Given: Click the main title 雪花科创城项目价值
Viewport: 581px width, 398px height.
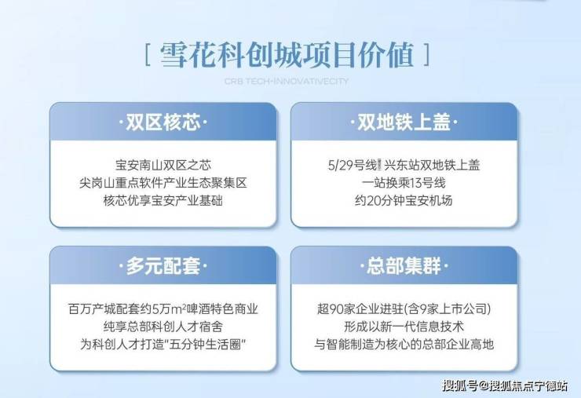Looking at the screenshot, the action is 287,55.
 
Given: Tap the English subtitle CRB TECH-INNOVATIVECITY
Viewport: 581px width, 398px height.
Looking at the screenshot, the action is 287,81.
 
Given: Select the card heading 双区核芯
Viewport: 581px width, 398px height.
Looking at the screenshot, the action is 163,122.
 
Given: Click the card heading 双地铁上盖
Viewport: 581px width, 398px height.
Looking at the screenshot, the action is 404,122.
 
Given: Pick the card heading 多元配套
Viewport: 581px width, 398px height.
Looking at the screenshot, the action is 163,265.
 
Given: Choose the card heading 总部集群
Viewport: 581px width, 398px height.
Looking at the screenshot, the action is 404,265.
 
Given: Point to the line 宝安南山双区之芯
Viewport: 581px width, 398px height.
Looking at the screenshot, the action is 163,165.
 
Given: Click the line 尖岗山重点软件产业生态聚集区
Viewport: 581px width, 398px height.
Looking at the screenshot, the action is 163,183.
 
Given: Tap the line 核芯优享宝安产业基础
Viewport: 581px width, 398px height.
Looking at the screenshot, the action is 163,200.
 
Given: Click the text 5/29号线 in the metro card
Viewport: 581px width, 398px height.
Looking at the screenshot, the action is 353,165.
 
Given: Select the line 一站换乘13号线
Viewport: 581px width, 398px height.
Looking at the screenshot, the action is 404,183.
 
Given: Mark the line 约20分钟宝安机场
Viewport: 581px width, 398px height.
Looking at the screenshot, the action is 404,200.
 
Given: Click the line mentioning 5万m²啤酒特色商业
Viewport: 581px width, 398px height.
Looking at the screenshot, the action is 163,309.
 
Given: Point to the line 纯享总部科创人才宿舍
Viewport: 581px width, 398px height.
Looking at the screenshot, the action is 163,327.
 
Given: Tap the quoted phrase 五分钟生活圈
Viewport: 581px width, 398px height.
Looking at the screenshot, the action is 206,345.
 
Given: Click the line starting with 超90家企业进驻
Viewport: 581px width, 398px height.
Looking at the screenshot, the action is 404,309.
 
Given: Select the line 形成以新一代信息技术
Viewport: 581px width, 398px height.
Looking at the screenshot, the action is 404,327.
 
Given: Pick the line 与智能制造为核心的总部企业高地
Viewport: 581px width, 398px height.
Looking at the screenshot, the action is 404,345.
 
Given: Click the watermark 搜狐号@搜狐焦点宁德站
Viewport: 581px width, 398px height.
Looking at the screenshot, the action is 505,385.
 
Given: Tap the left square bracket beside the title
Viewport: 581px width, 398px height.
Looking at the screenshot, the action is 147,55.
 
